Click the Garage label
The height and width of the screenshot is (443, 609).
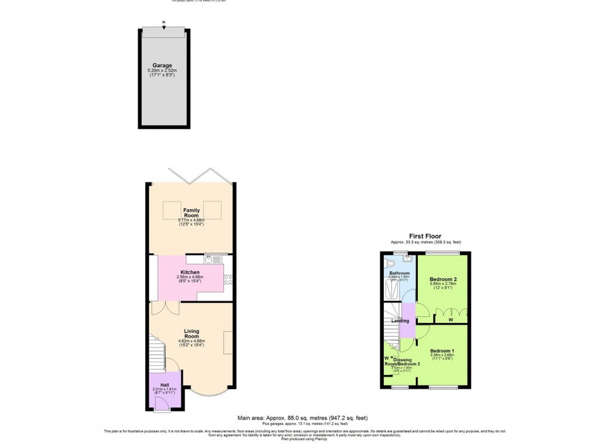pyautogui.click(x=162, y=65)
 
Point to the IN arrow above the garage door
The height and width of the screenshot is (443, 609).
pyautogui.click(x=164, y=25)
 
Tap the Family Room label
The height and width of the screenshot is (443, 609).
pyautogui.click(x=191, y=213)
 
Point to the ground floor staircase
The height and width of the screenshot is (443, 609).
pyautogui.click(x=156, y=355)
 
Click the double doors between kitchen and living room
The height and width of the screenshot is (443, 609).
pyautogui.click(x=165, y=307)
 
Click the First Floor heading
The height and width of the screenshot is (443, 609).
pyautogui.click(x=425, y=236)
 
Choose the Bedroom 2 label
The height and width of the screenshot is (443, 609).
pyautogui.click(x=443, y=279)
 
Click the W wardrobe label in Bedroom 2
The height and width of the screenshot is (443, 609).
pyautogui.click(x=450, y=319)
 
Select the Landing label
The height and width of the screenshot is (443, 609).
pyautogui.click(x=400, y=321)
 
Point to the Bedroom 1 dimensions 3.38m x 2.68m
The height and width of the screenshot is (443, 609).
pyautogui.click(x=442, y=355)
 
